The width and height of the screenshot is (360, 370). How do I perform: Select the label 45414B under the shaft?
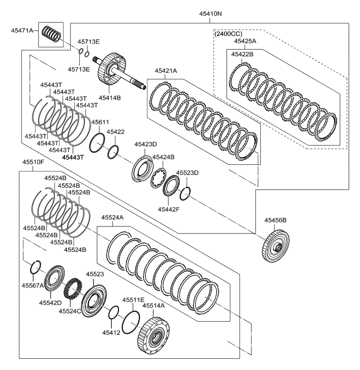[x=109, y=97]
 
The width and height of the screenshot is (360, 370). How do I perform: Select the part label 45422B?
[x=242, y=53]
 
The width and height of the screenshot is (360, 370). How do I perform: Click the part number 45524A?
[x=113, y=217]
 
